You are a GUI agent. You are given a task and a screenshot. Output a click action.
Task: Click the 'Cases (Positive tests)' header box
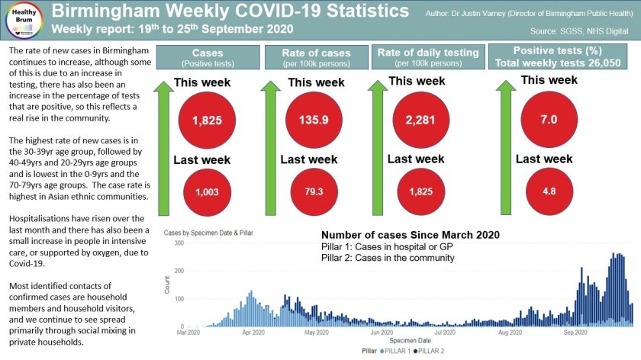pos(208,56)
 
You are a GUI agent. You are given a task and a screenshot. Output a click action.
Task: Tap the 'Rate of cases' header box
pos(316,56)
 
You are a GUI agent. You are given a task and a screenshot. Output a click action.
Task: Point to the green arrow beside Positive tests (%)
pos(498,145)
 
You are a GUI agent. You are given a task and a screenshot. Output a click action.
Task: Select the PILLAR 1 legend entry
pos(399,352)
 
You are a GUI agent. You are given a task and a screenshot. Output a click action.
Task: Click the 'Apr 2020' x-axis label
pos(250,333)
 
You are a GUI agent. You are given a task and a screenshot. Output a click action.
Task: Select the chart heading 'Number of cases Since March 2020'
pos(410,235)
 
